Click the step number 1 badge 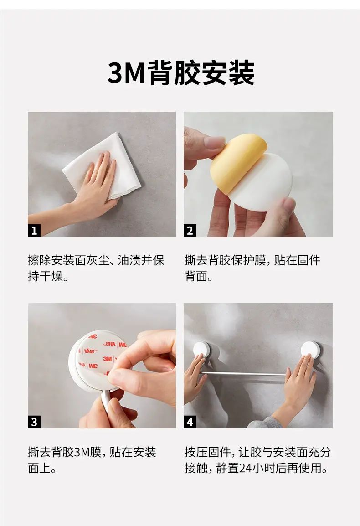coord(34,231)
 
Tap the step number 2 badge coord(190,231)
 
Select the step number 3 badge coord(34,422)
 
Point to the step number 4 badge coord(190,422)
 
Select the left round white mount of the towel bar coord(202,350)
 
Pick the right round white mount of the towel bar coord(310,350)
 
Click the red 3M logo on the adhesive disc coord(108,359)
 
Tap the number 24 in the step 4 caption coord(246,468)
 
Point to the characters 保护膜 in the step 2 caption coord(249,260)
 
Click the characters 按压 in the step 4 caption coord(196,452)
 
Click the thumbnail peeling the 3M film coord(102,366)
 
